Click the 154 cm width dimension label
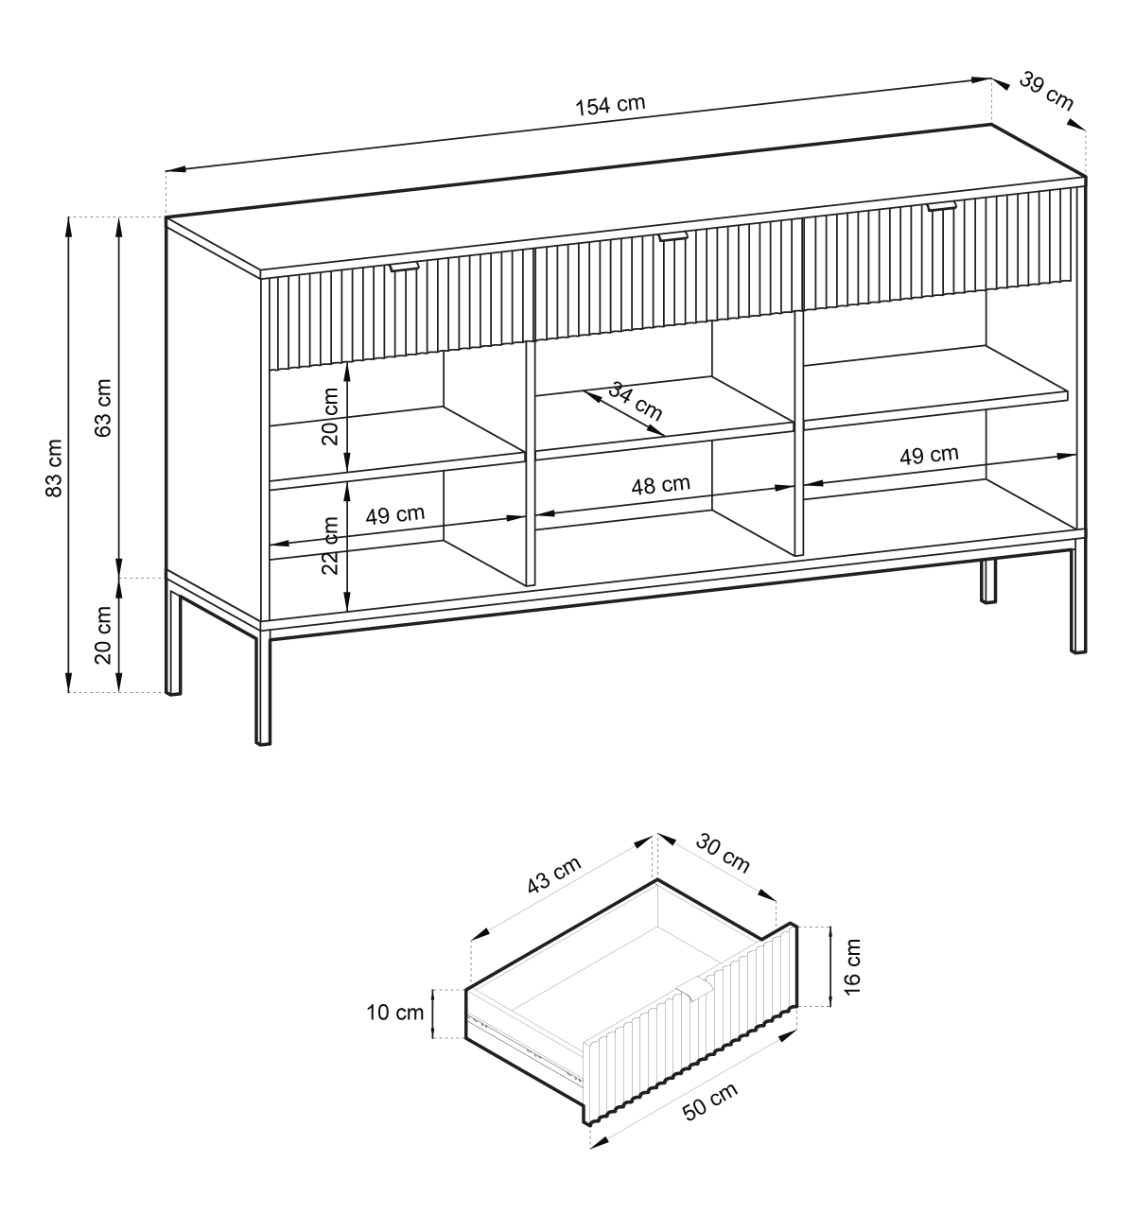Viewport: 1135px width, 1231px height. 610,105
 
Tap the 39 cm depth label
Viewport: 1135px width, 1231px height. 1046,92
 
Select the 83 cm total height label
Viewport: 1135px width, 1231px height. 54,468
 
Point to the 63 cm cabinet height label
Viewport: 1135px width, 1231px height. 103,408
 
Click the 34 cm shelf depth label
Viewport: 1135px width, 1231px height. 636,401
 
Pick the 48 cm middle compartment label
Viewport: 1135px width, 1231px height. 661,485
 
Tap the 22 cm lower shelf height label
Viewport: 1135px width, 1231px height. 330,545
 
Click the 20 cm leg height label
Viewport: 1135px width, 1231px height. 103,635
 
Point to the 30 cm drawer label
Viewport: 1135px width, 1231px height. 723,854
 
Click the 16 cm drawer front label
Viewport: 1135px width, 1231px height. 852,967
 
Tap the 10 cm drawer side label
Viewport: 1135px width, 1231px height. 395,1012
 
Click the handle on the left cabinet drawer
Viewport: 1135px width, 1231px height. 404,267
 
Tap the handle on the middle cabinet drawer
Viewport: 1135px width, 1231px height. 672,237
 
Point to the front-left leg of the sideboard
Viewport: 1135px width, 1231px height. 263,688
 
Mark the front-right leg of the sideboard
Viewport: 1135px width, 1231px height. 1078,600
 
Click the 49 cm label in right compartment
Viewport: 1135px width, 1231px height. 929,455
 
